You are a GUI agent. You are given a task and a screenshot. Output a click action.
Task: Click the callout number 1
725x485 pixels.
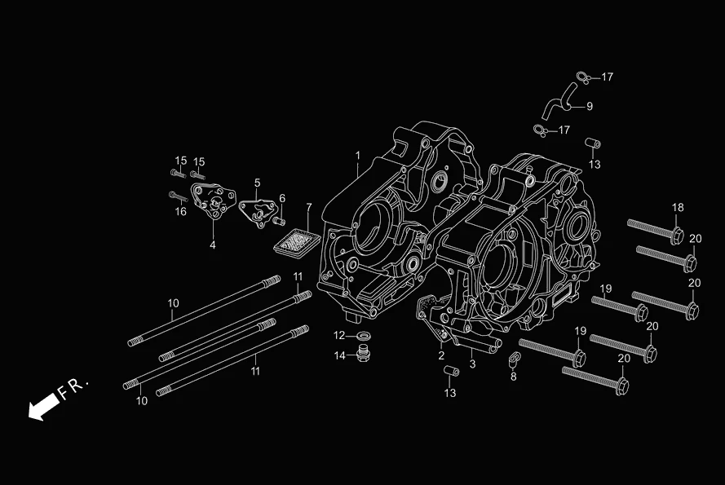[357, 155]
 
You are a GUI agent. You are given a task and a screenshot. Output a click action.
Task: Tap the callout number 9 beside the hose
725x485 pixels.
[589, 106]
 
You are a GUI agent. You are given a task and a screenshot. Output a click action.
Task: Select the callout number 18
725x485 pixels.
[678, 208]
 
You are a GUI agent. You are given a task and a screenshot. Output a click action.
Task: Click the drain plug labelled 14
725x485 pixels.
[364, 355]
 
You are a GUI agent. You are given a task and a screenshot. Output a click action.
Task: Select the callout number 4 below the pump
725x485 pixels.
[213, 245]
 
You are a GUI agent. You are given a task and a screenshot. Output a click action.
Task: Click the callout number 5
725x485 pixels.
[257, 183]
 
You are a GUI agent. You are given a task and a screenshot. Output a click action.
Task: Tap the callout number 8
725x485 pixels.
[513, 376]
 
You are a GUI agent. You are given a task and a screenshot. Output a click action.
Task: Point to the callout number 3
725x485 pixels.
[472, 363]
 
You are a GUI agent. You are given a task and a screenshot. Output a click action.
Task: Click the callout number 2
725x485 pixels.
[440, 355]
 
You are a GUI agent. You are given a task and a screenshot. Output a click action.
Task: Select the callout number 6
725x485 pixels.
[282, 198]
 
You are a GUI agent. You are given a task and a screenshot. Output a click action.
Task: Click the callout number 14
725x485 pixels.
[339, 355]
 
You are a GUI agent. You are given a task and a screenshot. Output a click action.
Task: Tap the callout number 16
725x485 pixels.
[181, 212]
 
